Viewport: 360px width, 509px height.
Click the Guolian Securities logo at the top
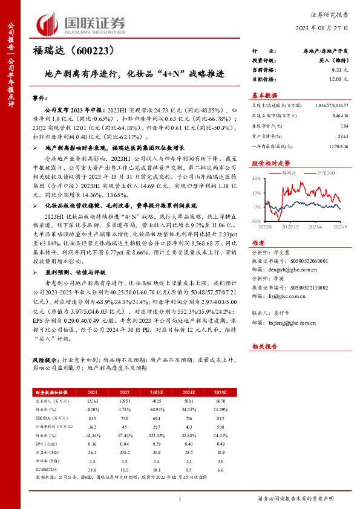pos(77,25)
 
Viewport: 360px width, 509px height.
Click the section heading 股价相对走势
pos(266,163)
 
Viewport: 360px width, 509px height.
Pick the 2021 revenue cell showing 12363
pos(93,401)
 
